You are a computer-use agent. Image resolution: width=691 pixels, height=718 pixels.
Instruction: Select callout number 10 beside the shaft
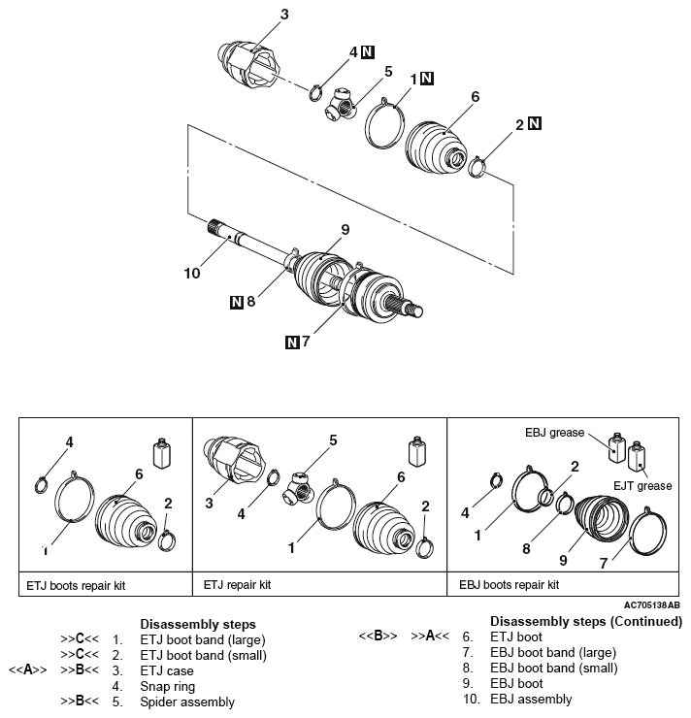pyautogui.click(x=191, y=274)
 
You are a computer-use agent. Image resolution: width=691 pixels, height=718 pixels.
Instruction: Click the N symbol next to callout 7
pyautogui.click(x=292, y=342)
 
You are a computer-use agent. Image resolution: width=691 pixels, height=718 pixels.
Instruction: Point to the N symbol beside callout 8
pyautogui.click(x=237, y=302)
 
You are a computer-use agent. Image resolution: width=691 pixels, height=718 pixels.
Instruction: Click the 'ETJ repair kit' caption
pyautogui.click(x=237, y=586)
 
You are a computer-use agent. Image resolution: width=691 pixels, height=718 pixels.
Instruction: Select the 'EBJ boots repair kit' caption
pyautogui.click(x=509, y=586)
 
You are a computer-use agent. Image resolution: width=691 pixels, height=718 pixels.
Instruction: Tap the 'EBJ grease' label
pyautogui.click(x=554, y=433)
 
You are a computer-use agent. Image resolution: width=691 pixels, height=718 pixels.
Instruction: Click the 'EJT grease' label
pyautogui.click(x=641, y=485)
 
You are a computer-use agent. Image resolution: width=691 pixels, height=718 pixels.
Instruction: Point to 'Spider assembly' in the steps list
pyautogui.click(x=187, y=701)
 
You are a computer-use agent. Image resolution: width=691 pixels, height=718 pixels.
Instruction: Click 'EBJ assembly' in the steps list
pyautogui.click(x=533, y=699)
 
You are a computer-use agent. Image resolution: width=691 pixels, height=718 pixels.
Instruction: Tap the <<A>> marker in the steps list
pyautogui.click(x=26, y=669)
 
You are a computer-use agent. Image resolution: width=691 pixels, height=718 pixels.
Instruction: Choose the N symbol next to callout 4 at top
pyautogui.click(x=368, y=51)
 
